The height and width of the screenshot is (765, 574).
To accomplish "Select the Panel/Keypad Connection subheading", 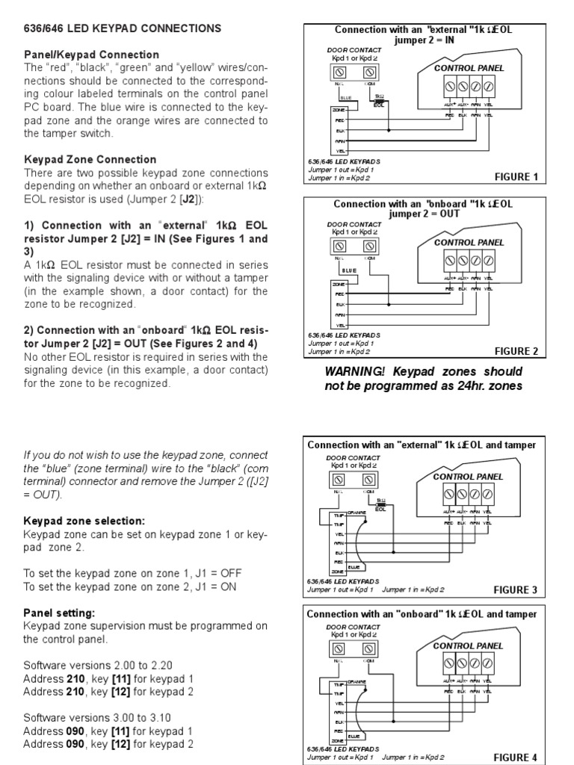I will [91, 55].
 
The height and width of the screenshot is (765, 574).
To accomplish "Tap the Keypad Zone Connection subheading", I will [90, 159].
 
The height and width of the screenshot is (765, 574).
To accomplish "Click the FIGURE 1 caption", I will [516, 177].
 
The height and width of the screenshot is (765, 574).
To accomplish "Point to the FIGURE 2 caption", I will [516, 351].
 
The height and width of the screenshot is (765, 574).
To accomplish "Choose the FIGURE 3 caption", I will [516, 590].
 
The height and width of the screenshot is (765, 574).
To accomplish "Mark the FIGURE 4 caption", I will [516, 758].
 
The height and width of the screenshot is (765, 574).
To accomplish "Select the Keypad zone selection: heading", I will [84, 520].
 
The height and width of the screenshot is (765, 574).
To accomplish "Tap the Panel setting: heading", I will [59, 613].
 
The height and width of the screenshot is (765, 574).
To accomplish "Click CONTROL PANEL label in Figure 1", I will [469, 68].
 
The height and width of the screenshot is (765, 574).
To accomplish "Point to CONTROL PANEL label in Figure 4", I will [469, 645].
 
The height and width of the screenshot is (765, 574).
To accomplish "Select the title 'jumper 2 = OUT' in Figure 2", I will [422, 214].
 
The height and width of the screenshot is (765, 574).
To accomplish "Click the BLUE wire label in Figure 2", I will [349, 270].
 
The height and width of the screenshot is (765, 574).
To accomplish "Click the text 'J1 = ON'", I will [217, 586].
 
